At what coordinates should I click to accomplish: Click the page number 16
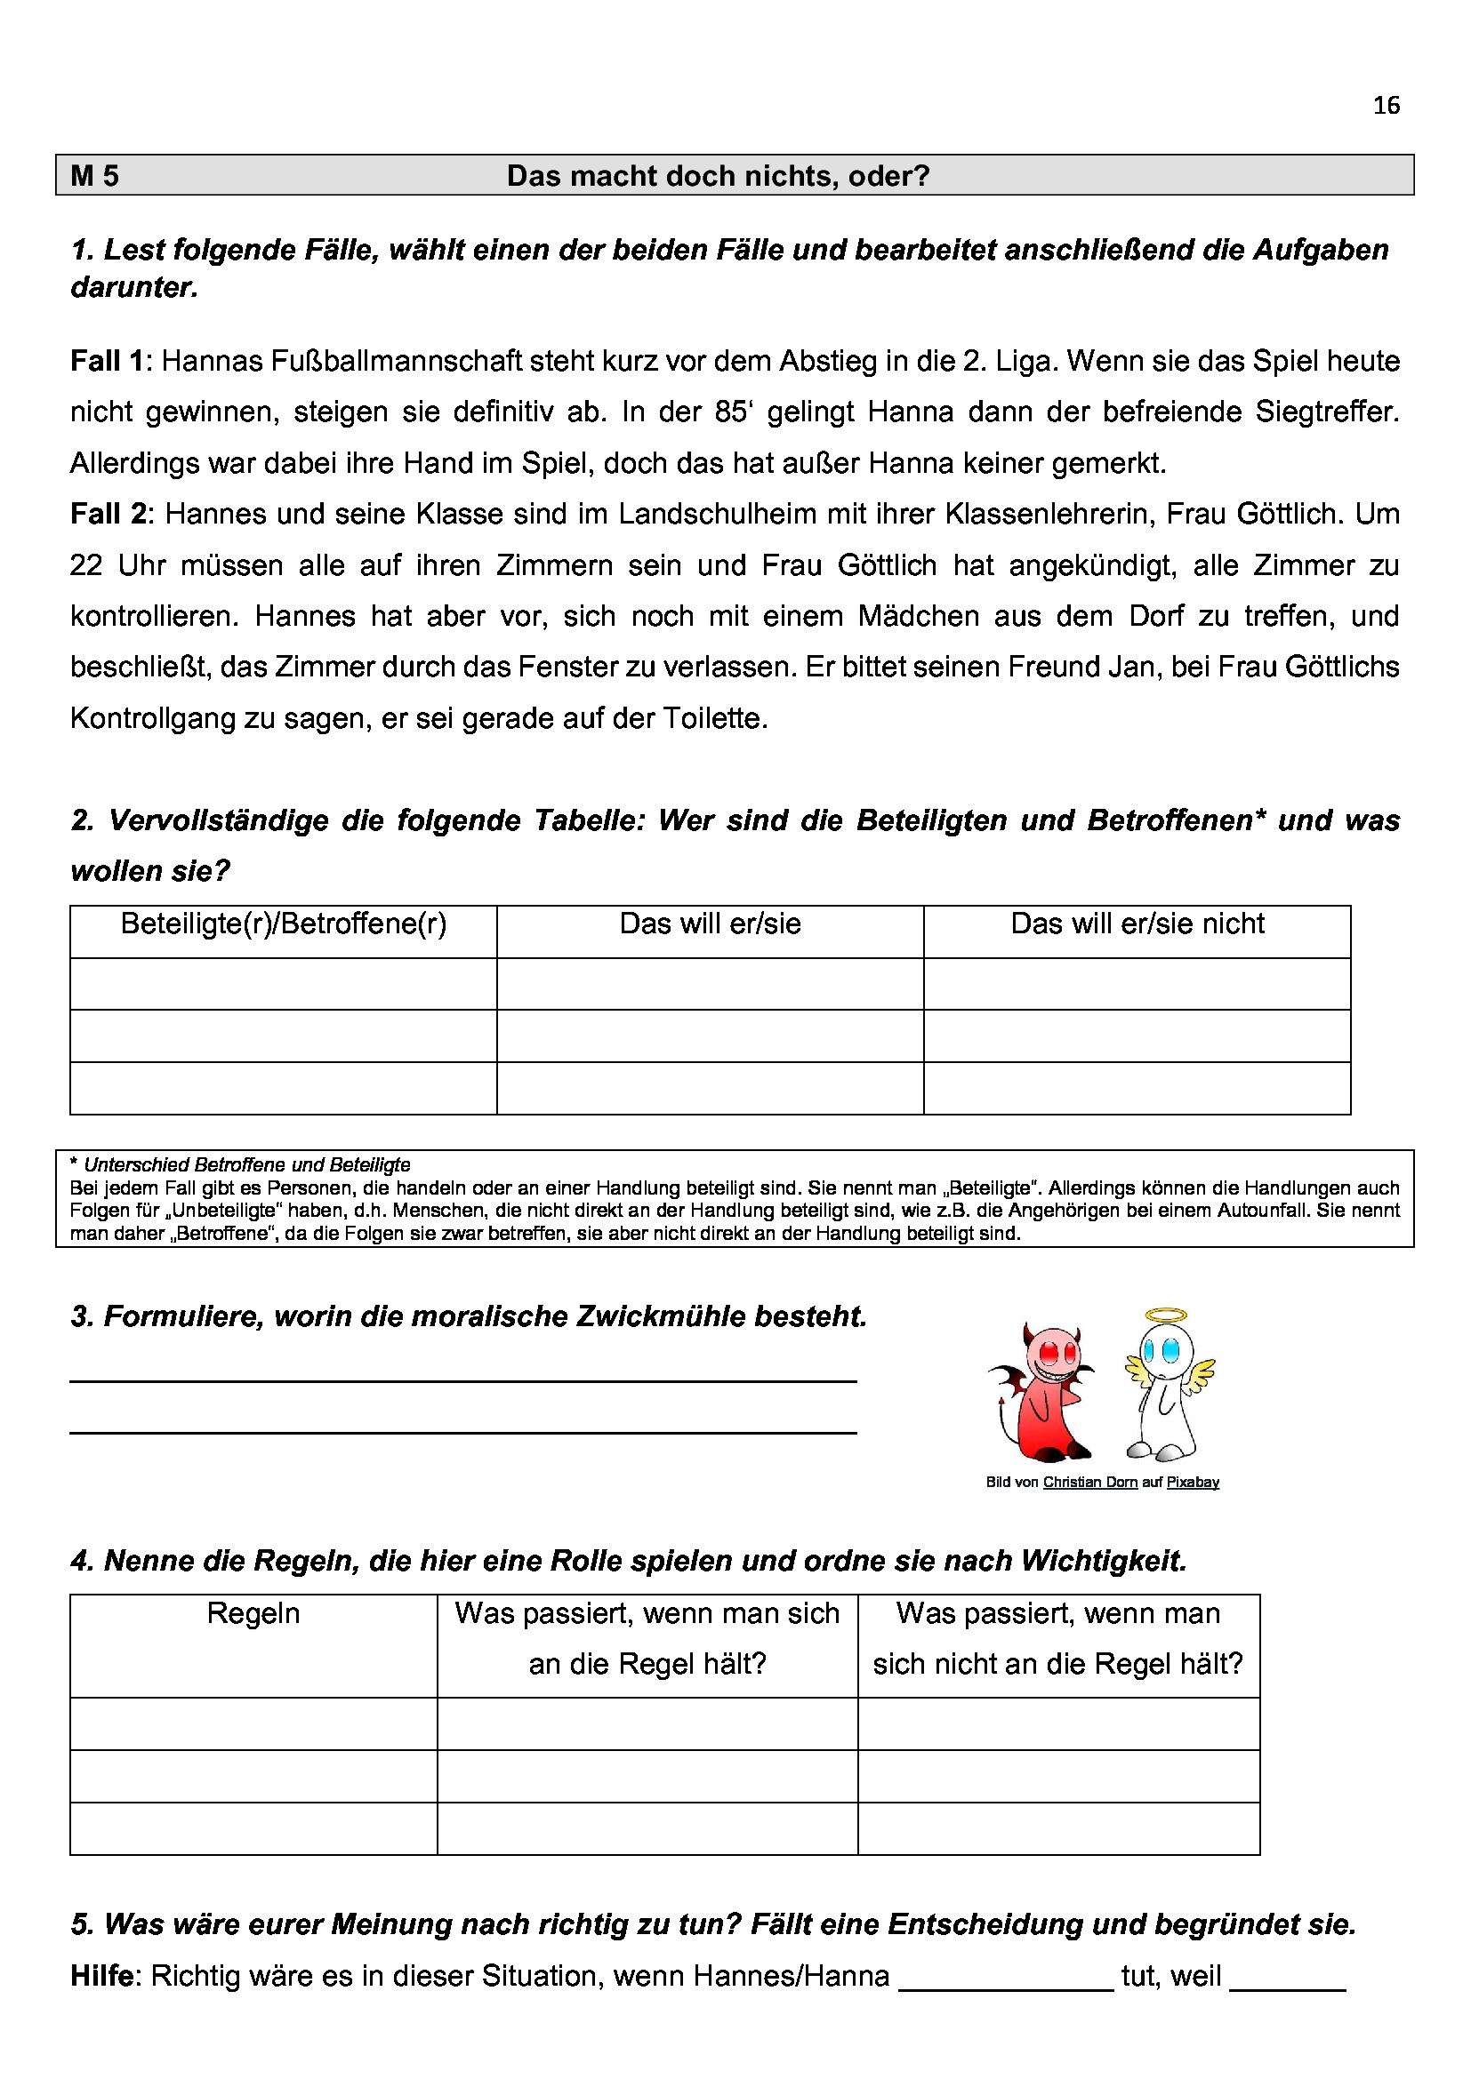(x=1386, y=106)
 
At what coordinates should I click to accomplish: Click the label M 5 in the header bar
(x=95, y=176)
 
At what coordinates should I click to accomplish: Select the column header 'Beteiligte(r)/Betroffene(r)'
(x=284, y=924)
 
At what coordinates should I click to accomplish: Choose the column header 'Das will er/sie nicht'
(x=1137, y=924)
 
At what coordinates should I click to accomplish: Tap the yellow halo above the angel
(x=1166, y=1316)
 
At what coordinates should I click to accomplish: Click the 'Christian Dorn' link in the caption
(x=1089, y=1483)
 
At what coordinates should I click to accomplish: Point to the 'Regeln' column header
(x=253, y=1613)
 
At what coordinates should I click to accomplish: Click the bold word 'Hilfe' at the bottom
(x=101, y=1976)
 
